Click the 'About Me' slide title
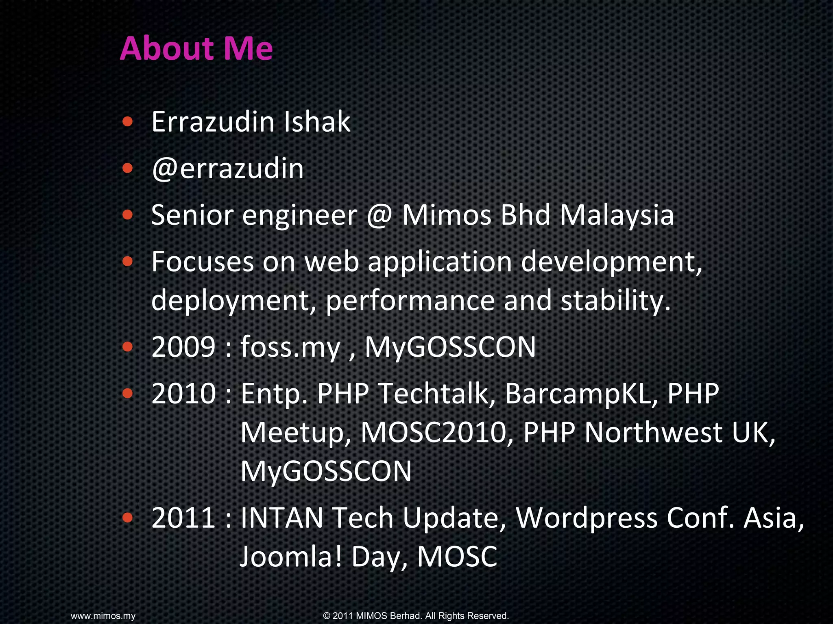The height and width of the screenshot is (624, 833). [196, 48]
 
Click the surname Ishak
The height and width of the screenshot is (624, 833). [316, 121]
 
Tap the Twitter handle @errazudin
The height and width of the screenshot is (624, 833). [228, 168]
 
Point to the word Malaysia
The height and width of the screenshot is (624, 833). [617, 215]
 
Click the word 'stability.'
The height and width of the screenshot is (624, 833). [615, 301]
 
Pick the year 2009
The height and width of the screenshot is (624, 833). [183, 347]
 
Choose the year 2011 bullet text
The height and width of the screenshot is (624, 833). [183, 518]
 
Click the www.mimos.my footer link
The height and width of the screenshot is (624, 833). [103, 616]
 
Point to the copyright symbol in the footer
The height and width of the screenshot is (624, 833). [327, 616]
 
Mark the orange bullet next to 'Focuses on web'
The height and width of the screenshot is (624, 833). [127, 261]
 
